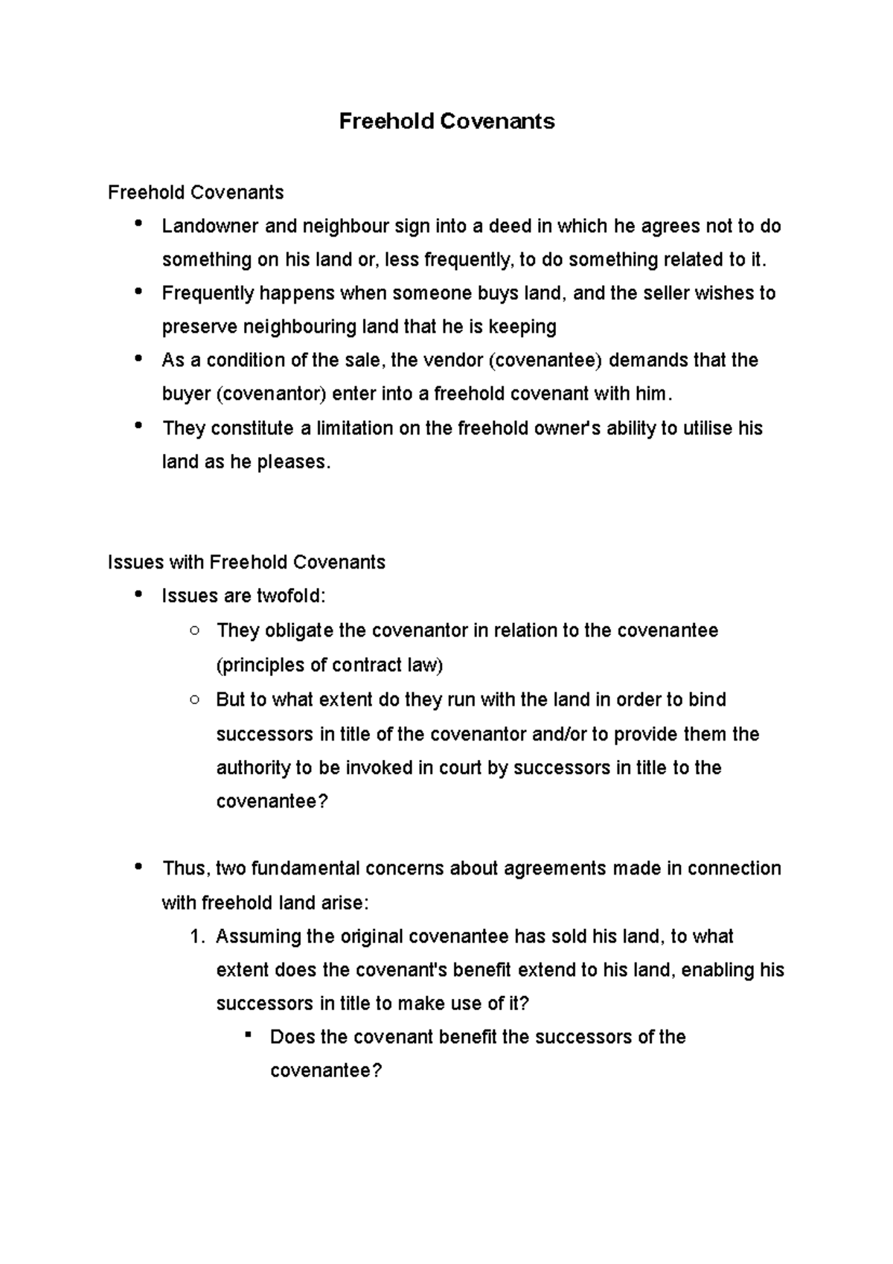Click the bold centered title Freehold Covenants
[x=446, y=121]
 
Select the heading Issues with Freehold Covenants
[x=246, y=562]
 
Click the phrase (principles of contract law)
[x=329, y=665]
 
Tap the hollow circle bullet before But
[x=194, y=700]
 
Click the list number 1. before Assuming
[x=196, y=936]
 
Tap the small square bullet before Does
[x=249, y=1036]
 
